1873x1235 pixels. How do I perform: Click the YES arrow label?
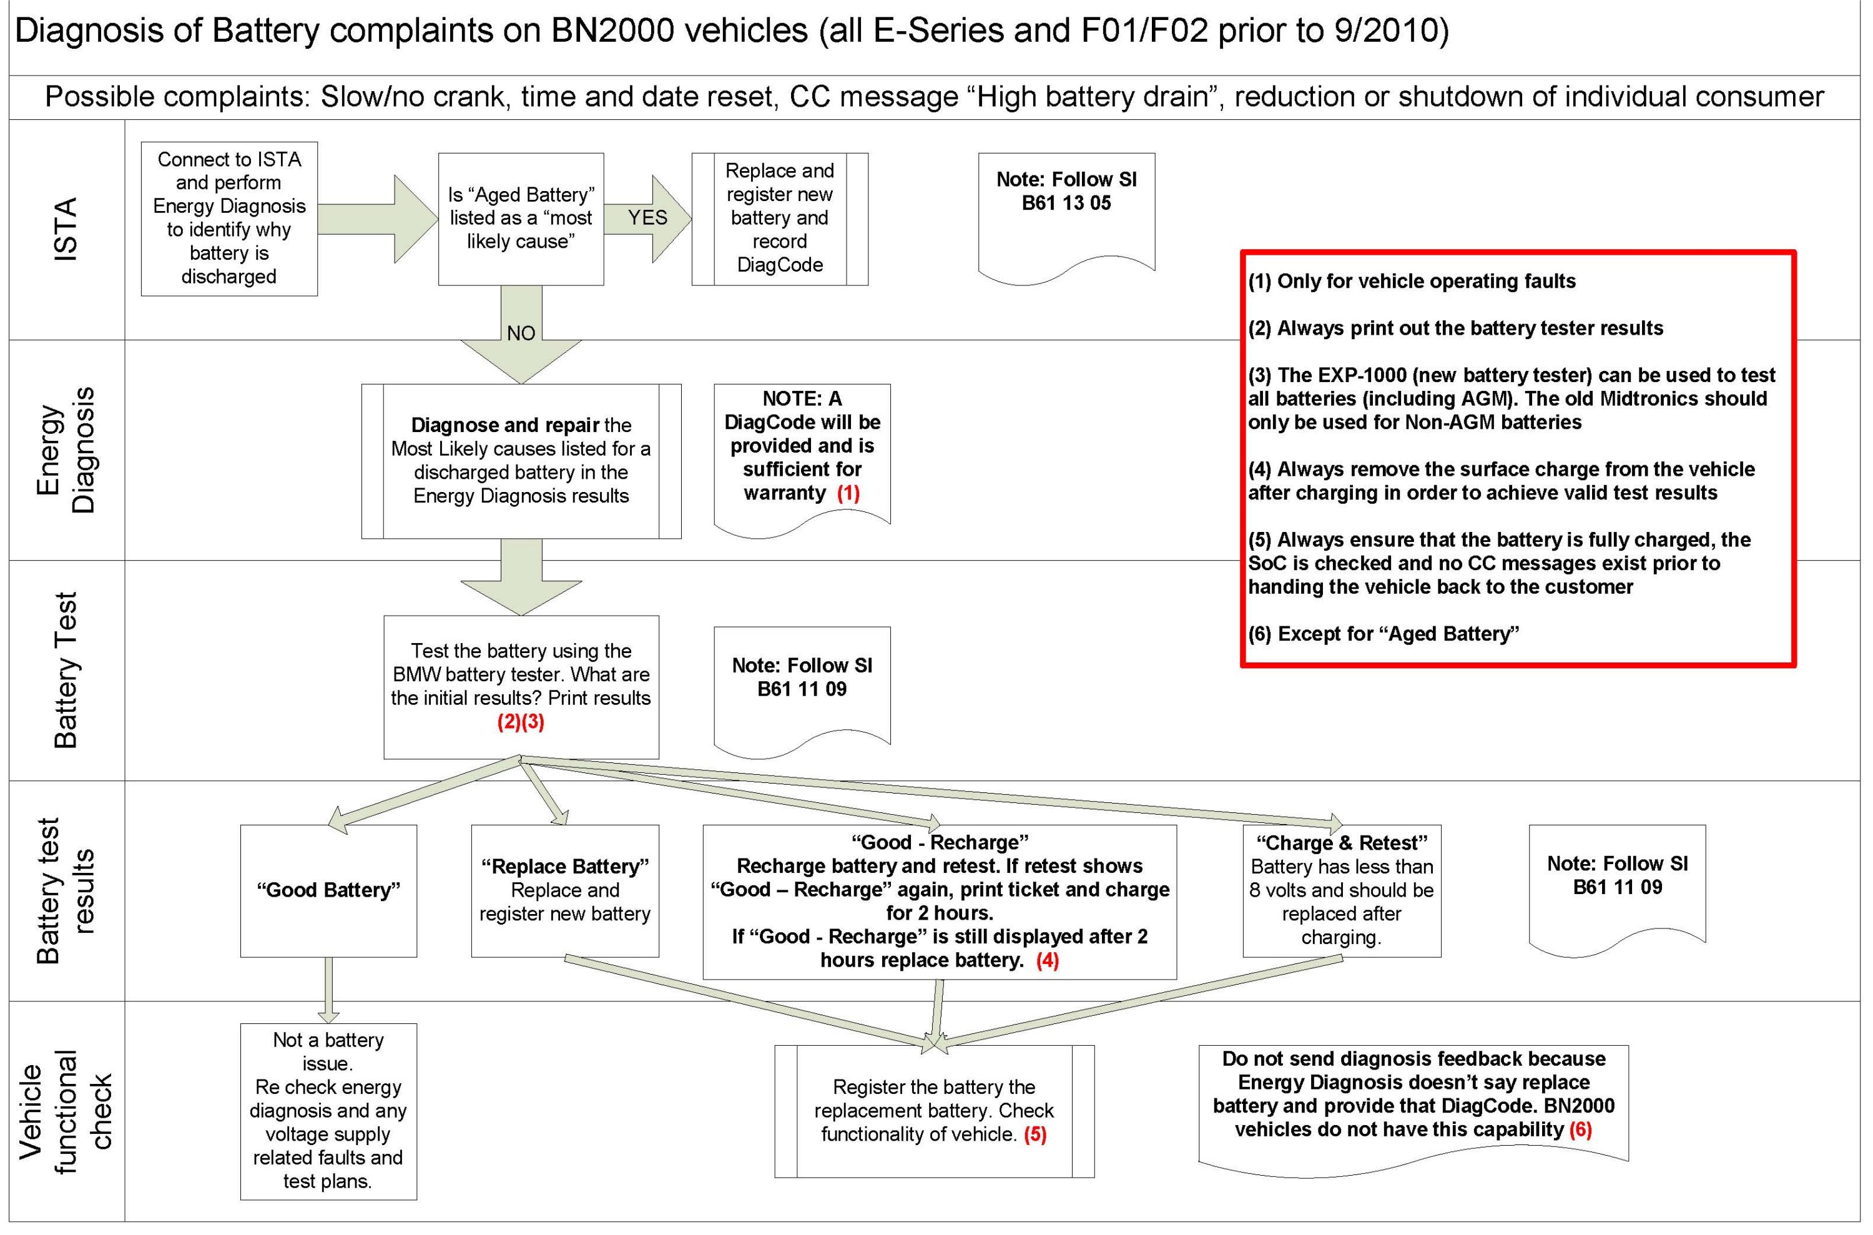coord(647,217)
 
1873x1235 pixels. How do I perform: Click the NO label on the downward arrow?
coord(521,333)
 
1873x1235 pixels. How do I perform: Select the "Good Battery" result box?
coord(328,891)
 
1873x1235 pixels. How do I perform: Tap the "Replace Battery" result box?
coord(565,891)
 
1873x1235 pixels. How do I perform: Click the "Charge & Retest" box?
coord(1341,891)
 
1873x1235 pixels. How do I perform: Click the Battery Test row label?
coord(67,671)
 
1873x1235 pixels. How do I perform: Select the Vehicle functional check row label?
coord(67,1111)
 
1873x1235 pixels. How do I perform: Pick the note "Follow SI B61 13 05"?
coord(1066,192)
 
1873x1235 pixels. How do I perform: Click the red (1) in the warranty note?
coord(848,494)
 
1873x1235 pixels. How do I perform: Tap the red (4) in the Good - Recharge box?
coord(1048,960)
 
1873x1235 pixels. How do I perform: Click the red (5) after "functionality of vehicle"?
coord(1035,1134)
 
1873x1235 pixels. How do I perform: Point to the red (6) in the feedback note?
coord(1580,1129)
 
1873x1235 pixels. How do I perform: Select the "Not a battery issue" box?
coord(328,1111)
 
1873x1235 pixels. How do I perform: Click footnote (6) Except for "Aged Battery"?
coord(1383,634)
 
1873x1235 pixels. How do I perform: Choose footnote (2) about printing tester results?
coord(1455,328)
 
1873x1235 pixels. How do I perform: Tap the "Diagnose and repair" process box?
coord(521,461)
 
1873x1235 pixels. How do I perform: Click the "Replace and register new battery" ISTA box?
coord(779,218)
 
